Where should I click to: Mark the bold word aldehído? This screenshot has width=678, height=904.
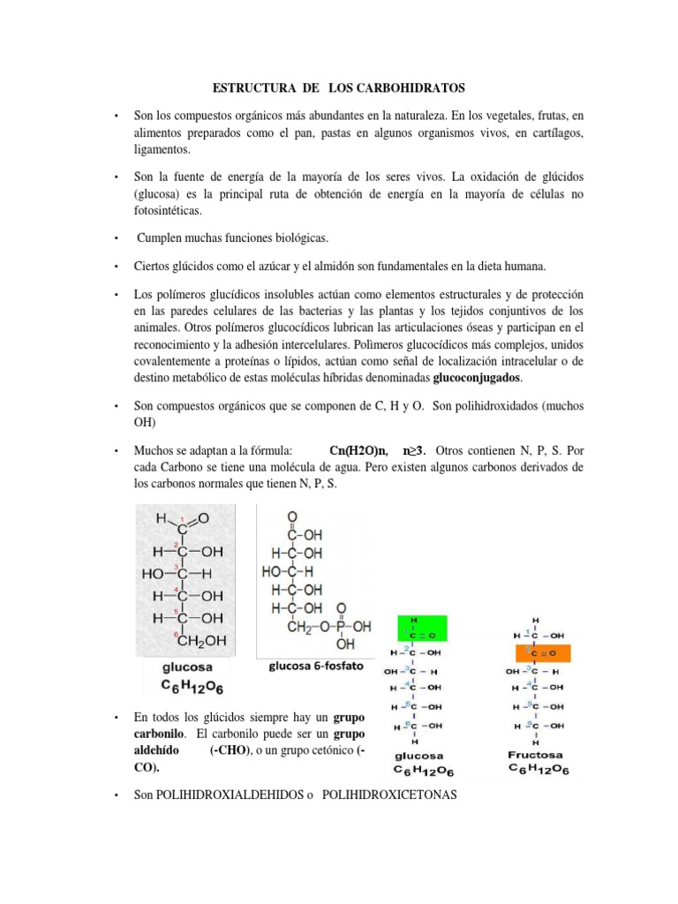159,750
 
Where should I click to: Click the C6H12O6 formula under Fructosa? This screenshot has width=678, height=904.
538,771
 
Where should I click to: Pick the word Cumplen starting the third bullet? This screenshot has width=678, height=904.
161,238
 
